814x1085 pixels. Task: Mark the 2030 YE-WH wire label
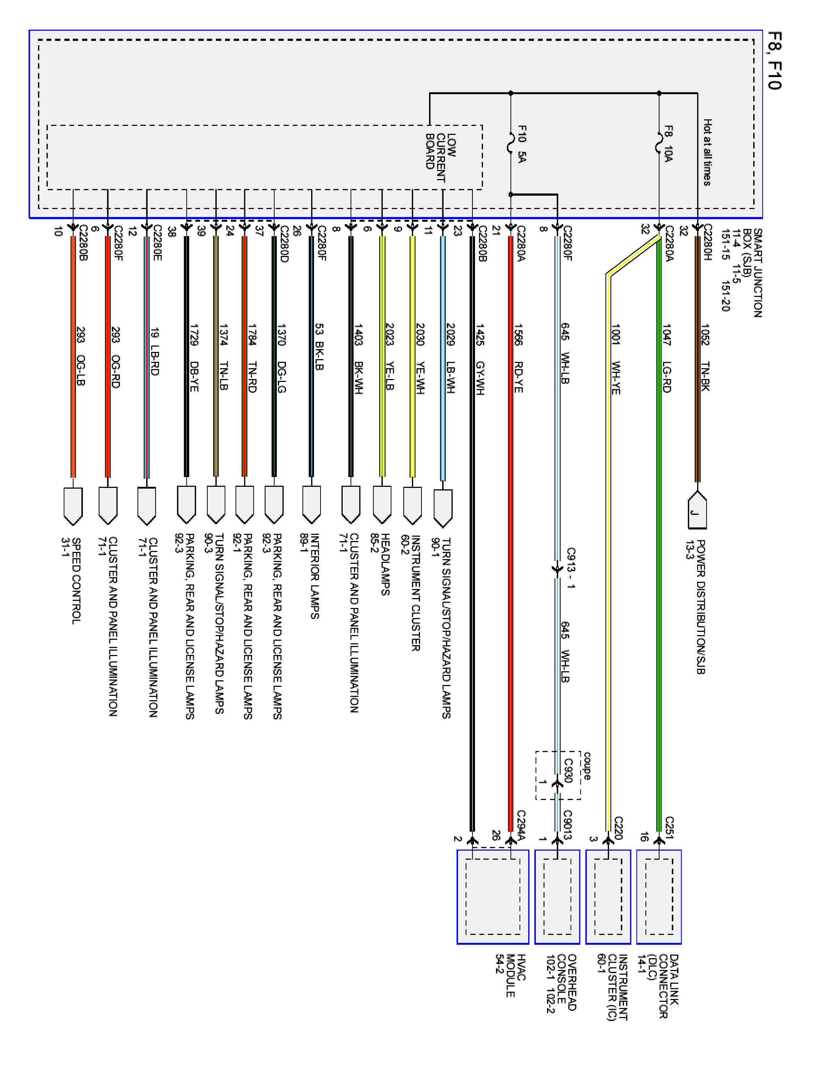[420, 358]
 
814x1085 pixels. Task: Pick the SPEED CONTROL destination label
[76, 581]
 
